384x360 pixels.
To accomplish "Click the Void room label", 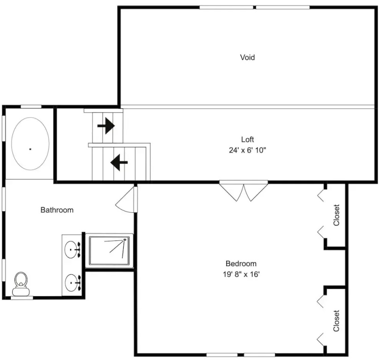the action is (x=247, y=57).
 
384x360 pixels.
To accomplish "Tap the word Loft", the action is (x=247, y=139).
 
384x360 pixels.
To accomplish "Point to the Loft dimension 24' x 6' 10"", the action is (x=247, y=150).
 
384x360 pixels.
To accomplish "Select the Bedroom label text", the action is (x=241, y=264).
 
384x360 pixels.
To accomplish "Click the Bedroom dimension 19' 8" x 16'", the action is (x=241, y=274).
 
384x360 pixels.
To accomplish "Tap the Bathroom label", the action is (x=57, y=210).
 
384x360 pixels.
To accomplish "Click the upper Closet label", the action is (x=336, y=215).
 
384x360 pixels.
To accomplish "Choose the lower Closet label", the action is (x=336, y=321).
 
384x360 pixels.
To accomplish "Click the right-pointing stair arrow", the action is (x=106, y=126).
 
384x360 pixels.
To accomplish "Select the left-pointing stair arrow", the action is (x=119, y=162).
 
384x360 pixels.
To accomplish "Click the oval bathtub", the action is (x=30, y=143).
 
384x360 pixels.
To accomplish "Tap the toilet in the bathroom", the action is (x=21, y=284).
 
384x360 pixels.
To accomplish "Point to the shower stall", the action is (x=109, y=250).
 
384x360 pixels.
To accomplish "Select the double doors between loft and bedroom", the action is (x=244, y=191).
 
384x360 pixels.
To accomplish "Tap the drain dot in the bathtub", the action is (x=30, y=149).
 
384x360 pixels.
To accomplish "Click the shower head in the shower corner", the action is (x=125, y=240).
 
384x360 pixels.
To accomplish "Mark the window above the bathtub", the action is (x=31, y=106).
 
